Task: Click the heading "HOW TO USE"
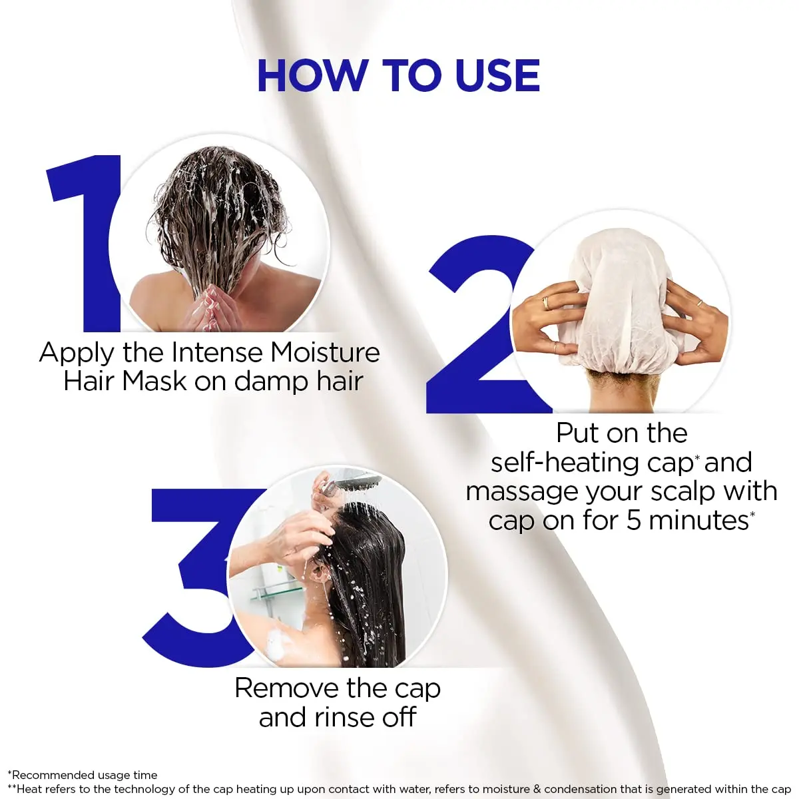398,75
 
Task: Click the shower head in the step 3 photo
353,481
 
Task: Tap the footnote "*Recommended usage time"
83,775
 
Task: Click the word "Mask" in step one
155,382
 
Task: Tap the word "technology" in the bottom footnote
150,789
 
